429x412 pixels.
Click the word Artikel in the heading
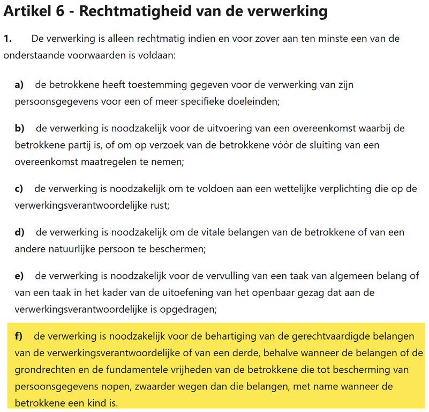(27, 11)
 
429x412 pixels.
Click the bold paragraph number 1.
(7, 39)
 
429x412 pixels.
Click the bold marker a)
(19, 85)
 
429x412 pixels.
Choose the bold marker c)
(19, 189)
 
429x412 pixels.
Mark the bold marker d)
(20, 233)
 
